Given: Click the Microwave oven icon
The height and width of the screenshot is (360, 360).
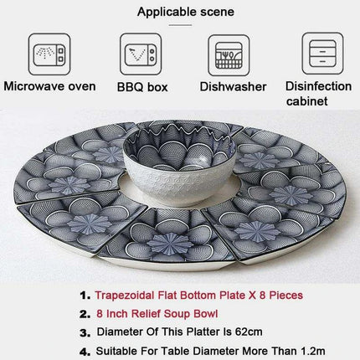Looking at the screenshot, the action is (49, 54).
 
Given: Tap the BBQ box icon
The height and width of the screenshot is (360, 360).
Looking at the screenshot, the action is (141, 54).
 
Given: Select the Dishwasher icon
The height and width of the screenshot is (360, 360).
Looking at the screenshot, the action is (229, 55).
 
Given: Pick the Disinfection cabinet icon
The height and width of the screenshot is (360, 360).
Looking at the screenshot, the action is (322, 54).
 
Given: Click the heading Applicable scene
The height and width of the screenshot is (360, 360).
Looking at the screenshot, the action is (186, 12).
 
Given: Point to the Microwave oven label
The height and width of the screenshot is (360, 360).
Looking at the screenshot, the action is (49, 86).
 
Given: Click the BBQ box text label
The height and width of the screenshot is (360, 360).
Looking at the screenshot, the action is (142, 87).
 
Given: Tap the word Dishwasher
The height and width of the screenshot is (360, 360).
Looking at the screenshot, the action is (233, 87).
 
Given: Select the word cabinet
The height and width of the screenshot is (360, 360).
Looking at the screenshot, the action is (306, 101).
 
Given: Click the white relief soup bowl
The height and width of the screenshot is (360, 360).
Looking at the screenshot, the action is (178, 162).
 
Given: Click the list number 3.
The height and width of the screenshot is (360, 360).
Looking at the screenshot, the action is (85, 332).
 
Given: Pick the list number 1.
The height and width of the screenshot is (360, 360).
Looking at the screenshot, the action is (85, 296).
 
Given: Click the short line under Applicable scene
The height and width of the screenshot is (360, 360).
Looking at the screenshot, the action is (180, 25).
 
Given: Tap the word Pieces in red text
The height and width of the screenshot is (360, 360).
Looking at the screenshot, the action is (286, 296).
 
